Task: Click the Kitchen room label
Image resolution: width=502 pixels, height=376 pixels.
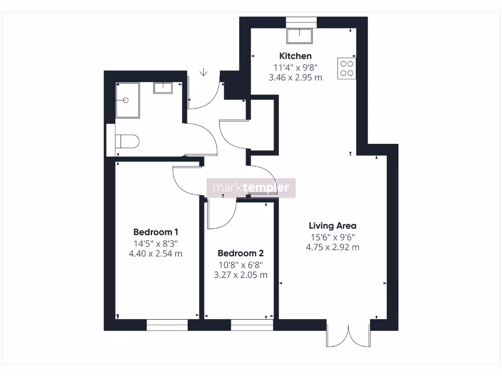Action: pos(295,56)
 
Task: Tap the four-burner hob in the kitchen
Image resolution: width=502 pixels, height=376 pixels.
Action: pos(346,68)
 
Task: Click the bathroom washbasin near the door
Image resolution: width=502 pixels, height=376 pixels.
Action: pos(162,88)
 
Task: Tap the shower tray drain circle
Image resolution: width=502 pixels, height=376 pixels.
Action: pos(126,100)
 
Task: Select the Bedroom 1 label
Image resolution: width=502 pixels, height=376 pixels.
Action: pos(155,232)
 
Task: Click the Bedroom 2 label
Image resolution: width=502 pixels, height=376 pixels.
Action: pos(240,254)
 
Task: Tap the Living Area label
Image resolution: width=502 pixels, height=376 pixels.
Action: pos(332,226)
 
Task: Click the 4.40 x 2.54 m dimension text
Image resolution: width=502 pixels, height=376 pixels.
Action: pos(155,254)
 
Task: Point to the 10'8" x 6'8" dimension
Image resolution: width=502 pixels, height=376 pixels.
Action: pos(240,265)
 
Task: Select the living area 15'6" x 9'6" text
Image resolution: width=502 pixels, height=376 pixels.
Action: pos(332,237)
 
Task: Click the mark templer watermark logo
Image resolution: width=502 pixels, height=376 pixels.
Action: pos(251,188)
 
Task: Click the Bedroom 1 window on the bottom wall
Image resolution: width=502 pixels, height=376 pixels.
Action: pos(167,325)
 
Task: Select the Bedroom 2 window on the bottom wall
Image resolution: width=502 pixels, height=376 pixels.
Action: pos(252,325)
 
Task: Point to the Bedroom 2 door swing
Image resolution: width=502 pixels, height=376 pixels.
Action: pos(221,215)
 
